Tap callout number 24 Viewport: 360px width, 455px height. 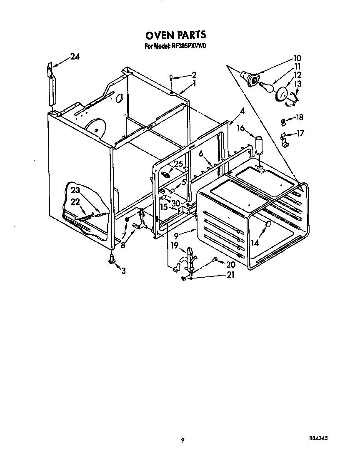[x=75, y=57]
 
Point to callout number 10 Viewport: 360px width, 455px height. [x=297, y=58]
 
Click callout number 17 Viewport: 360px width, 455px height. [x=300, y=133]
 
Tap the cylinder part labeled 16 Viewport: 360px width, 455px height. [x=259, y=144]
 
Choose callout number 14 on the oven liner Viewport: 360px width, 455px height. [x=255, y=242]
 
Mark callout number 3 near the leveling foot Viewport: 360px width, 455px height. [x=123, y=271]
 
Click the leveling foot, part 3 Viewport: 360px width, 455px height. [x=112, y=259]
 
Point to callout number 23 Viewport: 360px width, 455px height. [x=75, y=191]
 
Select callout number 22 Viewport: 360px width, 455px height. [x=75, y=201]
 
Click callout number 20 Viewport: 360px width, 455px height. [x=230, y=264]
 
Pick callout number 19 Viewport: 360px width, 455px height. [x=174, y=245]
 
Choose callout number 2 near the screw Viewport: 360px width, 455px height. [x=193, y=75]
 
